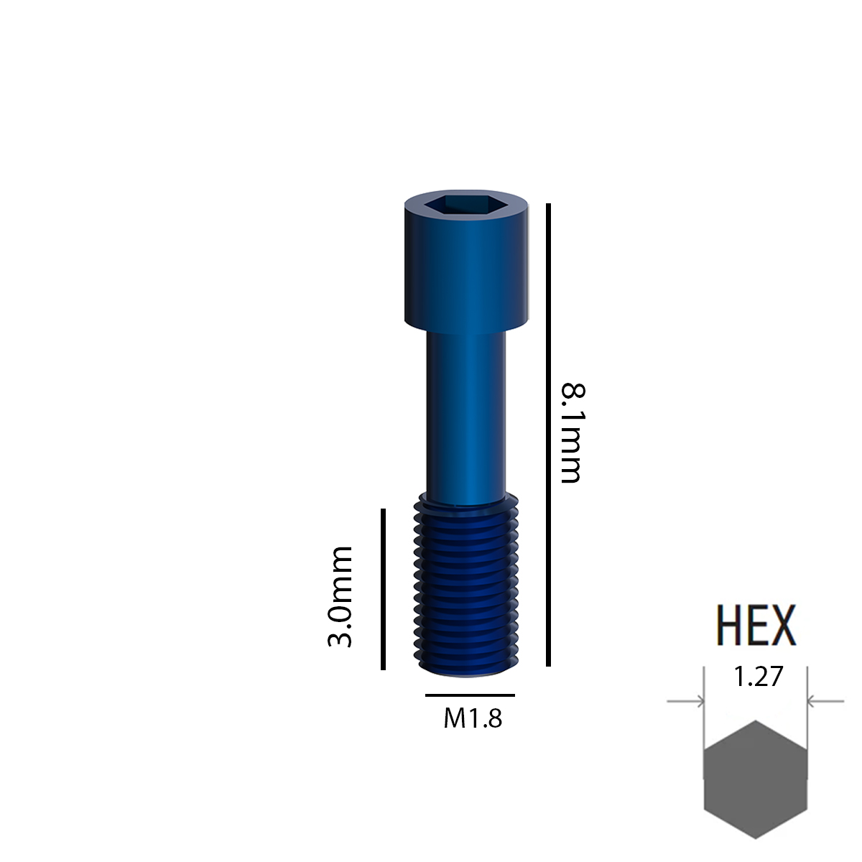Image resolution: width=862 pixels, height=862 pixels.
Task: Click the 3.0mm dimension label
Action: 340,596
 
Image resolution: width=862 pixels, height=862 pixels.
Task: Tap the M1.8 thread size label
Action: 472,718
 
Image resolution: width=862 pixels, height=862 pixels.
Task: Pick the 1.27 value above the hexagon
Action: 757,677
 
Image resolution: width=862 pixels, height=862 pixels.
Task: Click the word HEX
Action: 756,626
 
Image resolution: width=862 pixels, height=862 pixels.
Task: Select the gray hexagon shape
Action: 756,779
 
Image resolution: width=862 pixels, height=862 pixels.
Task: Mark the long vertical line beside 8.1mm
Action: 548,435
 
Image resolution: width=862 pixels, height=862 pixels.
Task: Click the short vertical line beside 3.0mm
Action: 384,589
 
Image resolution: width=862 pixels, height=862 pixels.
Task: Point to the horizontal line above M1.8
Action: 470,695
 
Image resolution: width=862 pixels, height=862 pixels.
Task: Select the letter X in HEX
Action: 783,626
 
